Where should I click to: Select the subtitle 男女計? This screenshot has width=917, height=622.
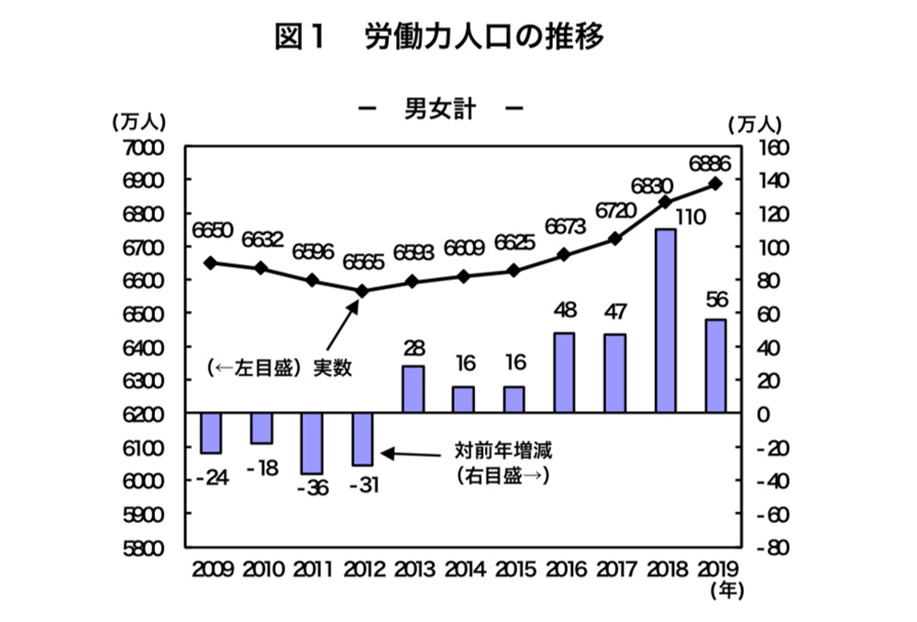439,109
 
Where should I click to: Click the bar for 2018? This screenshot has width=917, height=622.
665,321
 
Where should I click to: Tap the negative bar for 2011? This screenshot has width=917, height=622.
311,444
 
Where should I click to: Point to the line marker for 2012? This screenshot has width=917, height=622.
361,291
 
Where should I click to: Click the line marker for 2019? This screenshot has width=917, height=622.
716,183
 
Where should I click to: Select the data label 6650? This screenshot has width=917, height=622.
213,228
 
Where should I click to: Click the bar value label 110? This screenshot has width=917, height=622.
665,217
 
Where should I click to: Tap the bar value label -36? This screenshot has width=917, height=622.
311,487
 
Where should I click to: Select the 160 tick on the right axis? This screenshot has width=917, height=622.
768,148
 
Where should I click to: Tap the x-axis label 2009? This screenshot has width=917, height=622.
212,570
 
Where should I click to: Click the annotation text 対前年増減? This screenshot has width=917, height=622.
504,450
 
